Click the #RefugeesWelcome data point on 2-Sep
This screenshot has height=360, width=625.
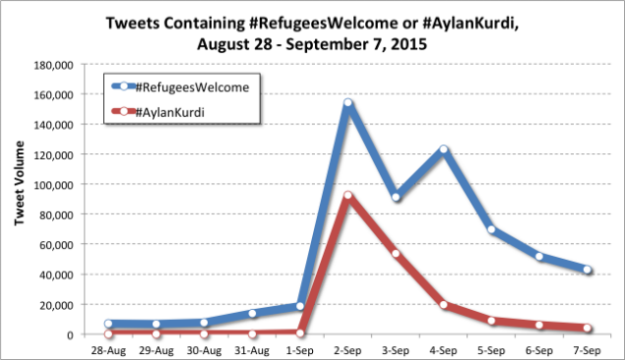(x=347, y=102)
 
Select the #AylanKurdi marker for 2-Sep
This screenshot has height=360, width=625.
(x=347, y=196)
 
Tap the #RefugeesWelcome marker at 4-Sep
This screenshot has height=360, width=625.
(x=444, y=150)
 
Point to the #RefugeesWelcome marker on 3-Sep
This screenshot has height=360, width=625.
(x=396, y=197)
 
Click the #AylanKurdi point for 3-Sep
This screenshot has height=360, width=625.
(x=396, y=254)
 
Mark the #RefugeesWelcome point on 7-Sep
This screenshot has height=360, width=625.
(x=588, y=270)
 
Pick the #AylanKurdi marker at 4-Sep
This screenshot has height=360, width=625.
(x=444, y=304)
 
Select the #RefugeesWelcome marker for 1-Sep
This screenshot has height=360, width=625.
(x=299, y=306)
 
